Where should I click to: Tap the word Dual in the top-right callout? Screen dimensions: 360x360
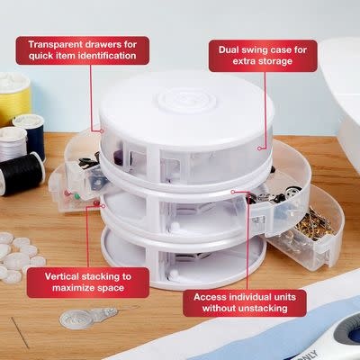click(x=230, y=49)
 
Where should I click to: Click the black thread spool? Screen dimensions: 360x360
click(x=21, y=174)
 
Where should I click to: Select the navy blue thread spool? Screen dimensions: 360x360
click(x=30, y=135)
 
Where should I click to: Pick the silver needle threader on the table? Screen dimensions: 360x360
click(x=87, y=318)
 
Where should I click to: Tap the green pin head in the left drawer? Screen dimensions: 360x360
click(x=76, y=196)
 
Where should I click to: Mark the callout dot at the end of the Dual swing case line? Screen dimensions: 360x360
click(x=259, y=148)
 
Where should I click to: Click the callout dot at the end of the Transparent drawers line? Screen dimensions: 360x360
click(x=102, y=131)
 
